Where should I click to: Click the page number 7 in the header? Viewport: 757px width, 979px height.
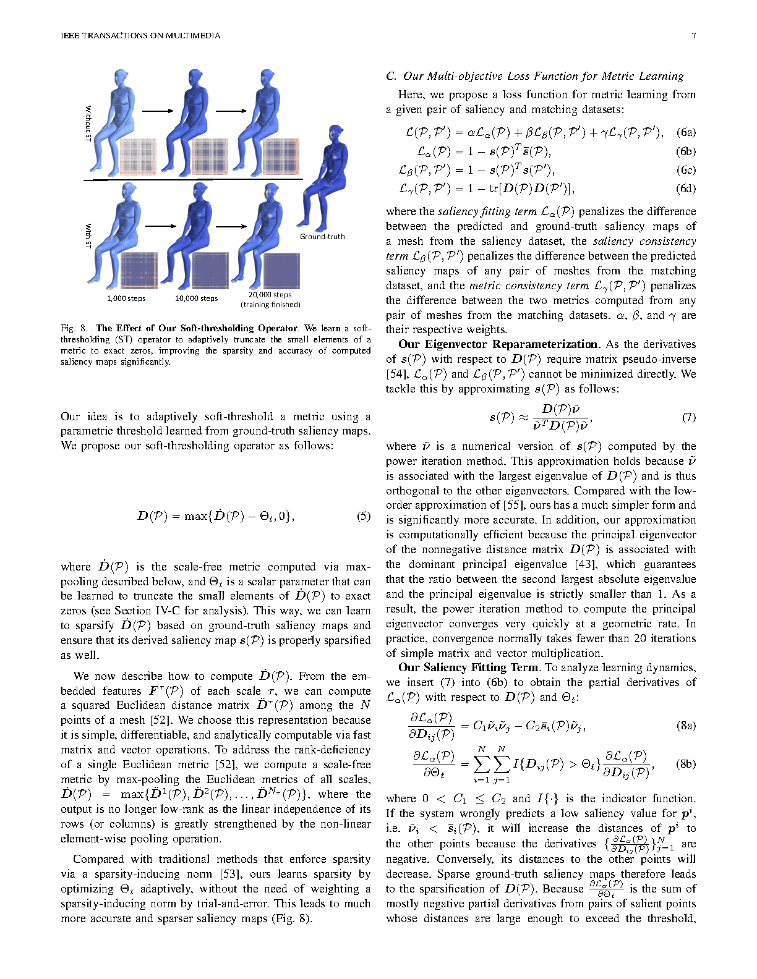point(693,35)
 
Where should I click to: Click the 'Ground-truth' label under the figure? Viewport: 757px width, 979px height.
point(322,237)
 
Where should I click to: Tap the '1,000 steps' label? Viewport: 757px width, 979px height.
point(126,299)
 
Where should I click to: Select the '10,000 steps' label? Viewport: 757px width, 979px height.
point(196,299)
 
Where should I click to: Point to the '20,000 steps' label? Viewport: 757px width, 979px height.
point(270,295)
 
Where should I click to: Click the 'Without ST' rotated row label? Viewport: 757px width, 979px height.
point(88,123)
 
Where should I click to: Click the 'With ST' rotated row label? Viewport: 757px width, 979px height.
point(88,236)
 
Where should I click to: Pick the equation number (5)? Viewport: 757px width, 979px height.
point(364,516)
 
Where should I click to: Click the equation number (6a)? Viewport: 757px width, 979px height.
point(686,132)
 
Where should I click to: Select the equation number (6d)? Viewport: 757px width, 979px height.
point(686,189)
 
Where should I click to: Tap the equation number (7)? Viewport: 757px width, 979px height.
point(688,417)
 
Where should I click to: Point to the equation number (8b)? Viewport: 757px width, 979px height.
point(686,764)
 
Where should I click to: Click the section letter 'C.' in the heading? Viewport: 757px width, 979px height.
point(391,76)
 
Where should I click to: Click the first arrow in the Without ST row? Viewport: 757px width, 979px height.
point(158,111)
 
